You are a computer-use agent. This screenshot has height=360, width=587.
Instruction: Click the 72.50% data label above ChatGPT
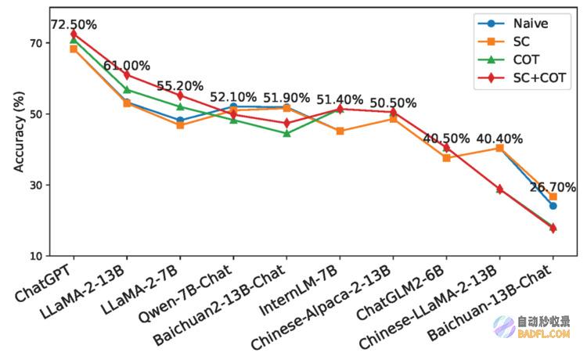(74, 25)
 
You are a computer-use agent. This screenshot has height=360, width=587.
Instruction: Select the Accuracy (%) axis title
(19, 131)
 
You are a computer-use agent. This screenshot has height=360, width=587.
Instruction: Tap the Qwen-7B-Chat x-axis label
(185, 294)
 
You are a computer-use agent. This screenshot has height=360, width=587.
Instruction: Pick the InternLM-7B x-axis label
(300, 290)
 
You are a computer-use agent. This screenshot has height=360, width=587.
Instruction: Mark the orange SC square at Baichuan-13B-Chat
(553, 197)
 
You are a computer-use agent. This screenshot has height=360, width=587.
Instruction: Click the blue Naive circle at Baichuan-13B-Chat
(553, 206)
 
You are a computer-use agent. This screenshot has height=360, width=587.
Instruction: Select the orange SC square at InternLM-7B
(340, 131)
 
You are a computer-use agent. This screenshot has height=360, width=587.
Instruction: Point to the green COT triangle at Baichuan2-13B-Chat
(286, 133)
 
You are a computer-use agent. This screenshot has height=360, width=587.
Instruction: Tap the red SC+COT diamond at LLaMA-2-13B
(127, 75)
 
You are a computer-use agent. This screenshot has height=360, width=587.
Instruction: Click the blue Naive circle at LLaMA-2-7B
(180, 121)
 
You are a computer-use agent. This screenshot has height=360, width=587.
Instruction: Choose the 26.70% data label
(553, 187)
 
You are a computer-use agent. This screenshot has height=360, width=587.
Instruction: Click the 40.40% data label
(499, 139)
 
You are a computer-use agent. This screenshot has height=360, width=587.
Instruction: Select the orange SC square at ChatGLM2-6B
(446, 158)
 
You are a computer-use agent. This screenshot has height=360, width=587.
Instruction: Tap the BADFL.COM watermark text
(544, 333)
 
